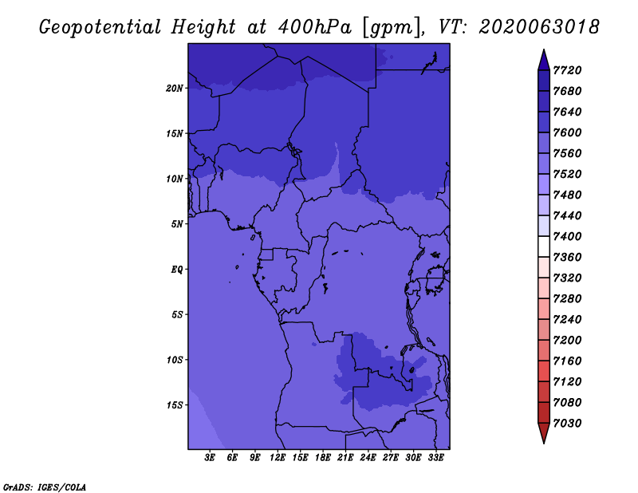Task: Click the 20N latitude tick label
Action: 175,88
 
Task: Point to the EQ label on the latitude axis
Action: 177,269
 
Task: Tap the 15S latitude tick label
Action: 175,405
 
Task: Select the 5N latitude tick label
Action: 177,224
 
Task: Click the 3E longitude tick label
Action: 210,458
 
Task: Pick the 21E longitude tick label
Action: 345,458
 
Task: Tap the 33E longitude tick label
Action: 435,458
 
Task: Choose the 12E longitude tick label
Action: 278,458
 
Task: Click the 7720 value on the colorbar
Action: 567,70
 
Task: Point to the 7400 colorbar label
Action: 567,236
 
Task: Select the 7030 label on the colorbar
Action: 567,423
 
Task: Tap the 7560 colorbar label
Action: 567,153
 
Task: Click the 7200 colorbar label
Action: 567,340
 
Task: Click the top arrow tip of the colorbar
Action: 544,49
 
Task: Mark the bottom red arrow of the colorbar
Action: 544,433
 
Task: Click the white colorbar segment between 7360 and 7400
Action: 544,246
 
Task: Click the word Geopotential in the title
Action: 100,28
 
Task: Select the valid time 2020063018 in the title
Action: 539,27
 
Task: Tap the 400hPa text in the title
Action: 314,27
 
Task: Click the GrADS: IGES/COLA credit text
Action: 45,487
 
